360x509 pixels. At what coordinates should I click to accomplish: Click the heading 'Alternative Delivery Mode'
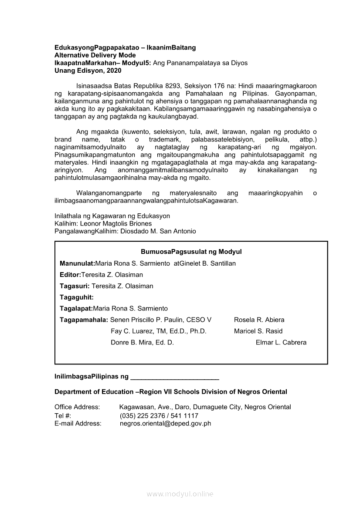(x=95, y=55)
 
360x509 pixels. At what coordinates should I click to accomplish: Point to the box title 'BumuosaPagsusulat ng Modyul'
(x=191, y=252)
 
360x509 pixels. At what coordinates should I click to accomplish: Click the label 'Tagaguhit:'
(x=77, y=297)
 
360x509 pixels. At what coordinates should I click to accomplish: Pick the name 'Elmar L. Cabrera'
(x=281, y=342)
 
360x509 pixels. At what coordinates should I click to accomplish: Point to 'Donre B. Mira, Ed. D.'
(x=142, y=342)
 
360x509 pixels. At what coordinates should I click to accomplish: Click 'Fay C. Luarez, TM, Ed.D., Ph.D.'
(x=158, y=331)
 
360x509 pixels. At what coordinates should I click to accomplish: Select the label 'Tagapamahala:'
(x=84, y=320)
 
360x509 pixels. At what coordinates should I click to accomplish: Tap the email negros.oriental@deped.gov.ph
(x=165, y=423)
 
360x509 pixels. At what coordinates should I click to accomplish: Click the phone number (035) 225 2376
(x=143, y=415)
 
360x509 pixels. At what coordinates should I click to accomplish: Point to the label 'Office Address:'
(x=77, y=407)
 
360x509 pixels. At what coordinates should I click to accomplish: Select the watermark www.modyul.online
(x=180, y=494)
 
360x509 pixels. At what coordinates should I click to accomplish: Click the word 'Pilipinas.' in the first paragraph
(x=268, y=94)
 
